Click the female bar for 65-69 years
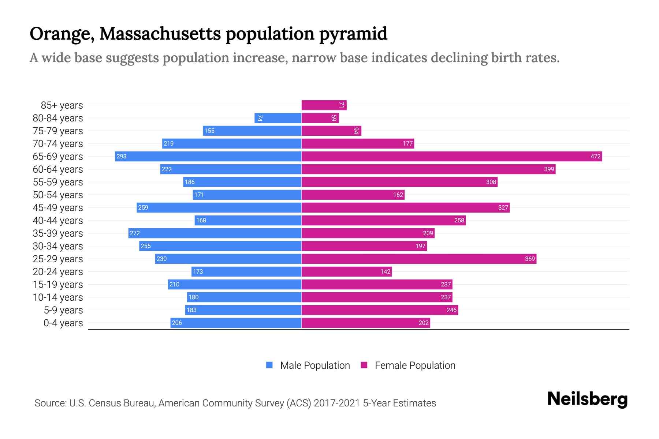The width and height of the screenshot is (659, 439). pyautogui.click(x=451, y=157)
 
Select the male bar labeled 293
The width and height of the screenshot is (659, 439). pyautogui.click(x=208, y=157)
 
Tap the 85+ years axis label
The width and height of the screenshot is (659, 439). pyautogui.click(x=62, y=105)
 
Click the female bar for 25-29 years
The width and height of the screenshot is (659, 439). pyautogui.click(x=418, y=259)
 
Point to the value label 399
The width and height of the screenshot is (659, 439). pyautogui.click(x=549, y=169)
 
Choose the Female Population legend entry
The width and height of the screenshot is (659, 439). pyautogui.click(x=408, y=365)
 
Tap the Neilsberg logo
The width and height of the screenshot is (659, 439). pyautogui.click(x=587, y=399)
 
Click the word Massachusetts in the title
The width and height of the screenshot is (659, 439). pyautogui.click(x=160, y=34)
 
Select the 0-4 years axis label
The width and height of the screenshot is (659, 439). pyautogui.click(x=63, y=323)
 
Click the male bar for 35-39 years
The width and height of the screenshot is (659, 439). pyautogui.click(x=215, y=233)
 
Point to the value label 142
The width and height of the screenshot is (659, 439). pyautogui.click(x=385, y=272)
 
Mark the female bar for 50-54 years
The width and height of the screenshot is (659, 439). pyautogui.click(x=353, y=195)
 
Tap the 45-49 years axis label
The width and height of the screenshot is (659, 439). pyautogui.click(x=58, y=208)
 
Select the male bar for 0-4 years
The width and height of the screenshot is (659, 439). pyautogui.click(x=236, y=323)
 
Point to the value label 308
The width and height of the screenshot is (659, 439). pyautogui.click(x=491, y=182)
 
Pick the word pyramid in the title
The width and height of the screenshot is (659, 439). pyautogui.click(x=353, y=34)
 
